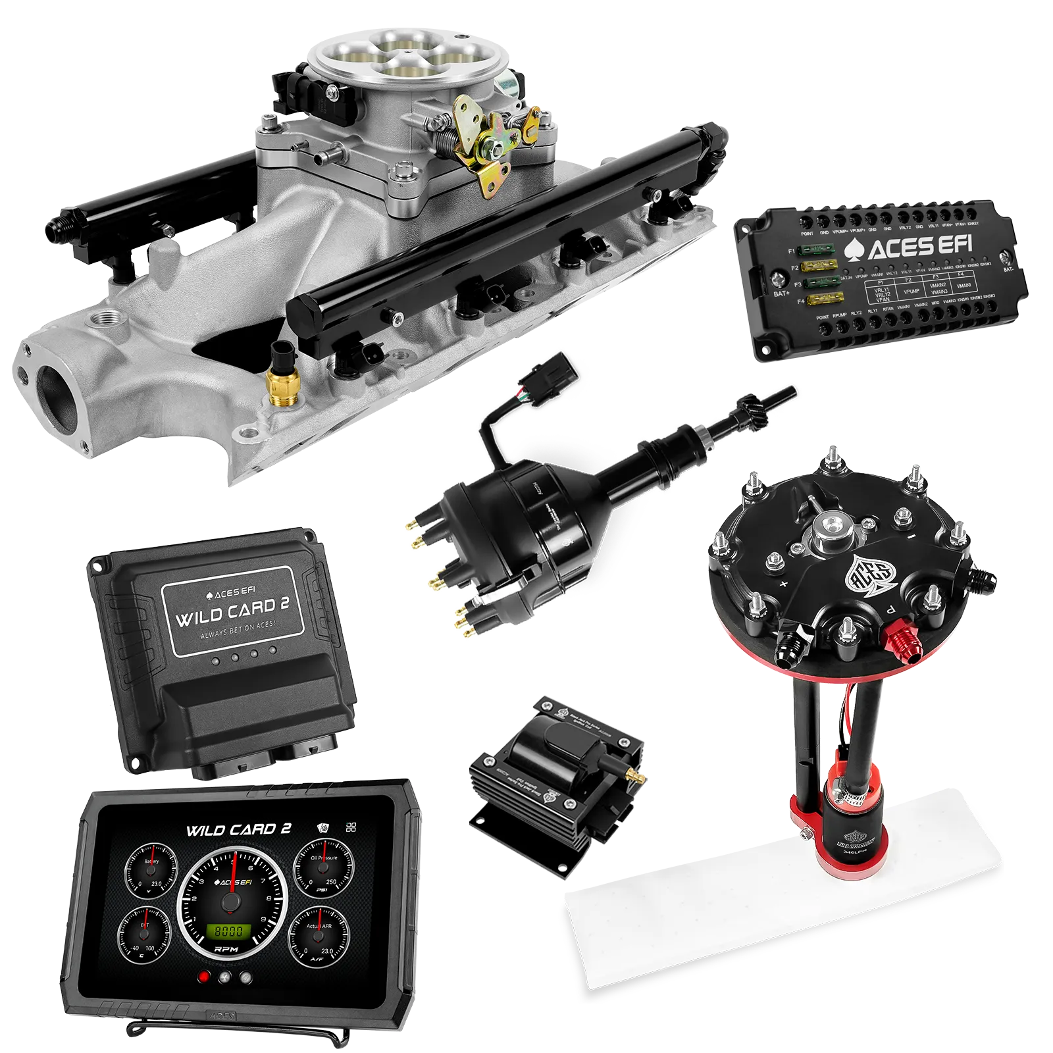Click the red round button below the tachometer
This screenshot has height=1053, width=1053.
pyautogui.click(x=204, y=977)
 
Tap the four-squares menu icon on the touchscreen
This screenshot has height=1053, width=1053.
pyautogui.click(x=351, y=827)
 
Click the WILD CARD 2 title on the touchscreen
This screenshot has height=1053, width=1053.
pyautogui.click(x=238, y=829)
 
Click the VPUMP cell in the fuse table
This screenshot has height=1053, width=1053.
pyautogui.click(x=911, y=290)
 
